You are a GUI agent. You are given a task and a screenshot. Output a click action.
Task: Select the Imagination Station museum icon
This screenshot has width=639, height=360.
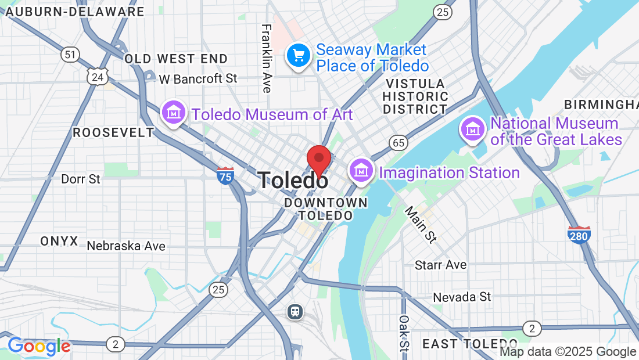pos(361,171)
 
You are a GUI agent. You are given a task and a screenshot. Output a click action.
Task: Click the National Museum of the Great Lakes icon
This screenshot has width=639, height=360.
pos(472,129)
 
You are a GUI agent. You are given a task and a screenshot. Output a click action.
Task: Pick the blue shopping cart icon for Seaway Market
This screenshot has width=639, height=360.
pos(299,56)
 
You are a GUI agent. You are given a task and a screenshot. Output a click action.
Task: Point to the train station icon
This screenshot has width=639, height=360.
pos(296,312)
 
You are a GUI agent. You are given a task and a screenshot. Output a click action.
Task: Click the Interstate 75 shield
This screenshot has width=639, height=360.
pos(225,175)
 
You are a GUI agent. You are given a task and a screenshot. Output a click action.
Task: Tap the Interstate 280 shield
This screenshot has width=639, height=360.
pos(579,235)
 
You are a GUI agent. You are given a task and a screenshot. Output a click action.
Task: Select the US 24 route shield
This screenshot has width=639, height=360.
pos(98,76)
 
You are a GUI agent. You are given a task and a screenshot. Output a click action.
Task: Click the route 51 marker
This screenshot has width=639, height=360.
pos(70,55)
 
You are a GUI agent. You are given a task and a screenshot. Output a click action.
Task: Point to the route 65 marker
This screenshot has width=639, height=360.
pos(399,142)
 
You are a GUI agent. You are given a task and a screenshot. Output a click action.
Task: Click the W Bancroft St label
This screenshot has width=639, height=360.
pos(198,78)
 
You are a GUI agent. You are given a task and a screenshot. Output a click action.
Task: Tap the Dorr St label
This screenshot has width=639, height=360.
pos(81,179)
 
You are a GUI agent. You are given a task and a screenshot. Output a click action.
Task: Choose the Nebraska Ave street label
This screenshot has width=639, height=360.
pos(126,246)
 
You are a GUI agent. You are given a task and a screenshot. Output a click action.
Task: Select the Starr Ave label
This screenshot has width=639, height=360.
pos(440,265)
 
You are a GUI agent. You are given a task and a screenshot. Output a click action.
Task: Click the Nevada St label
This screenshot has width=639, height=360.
pos(462,297)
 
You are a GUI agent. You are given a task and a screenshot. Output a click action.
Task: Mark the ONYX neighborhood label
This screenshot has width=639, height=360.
pos(59,241)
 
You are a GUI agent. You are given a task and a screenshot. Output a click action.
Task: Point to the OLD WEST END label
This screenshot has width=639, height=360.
pos(176,59)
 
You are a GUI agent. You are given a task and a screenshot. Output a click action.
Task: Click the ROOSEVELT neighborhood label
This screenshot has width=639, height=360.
pos(113,132)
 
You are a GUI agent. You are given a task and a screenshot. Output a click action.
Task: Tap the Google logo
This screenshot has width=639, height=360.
pos(39,347)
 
